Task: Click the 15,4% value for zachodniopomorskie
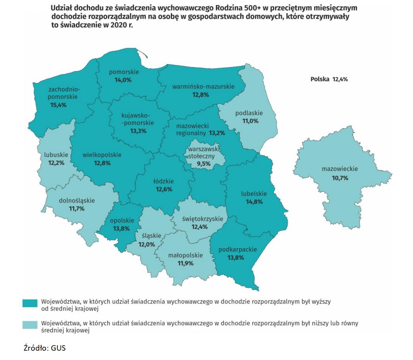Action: point(58,105)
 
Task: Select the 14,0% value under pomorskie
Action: point(123,80)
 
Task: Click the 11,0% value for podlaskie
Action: point(249,121)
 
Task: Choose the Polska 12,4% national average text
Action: point(329,79)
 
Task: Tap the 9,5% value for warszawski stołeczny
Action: point(203,163)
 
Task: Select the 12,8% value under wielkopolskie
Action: point(102,163)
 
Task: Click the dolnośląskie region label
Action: point(76,201)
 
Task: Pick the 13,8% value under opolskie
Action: point(121,229)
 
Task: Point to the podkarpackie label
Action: point(238,250)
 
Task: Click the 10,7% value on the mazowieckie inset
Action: point(340,178)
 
